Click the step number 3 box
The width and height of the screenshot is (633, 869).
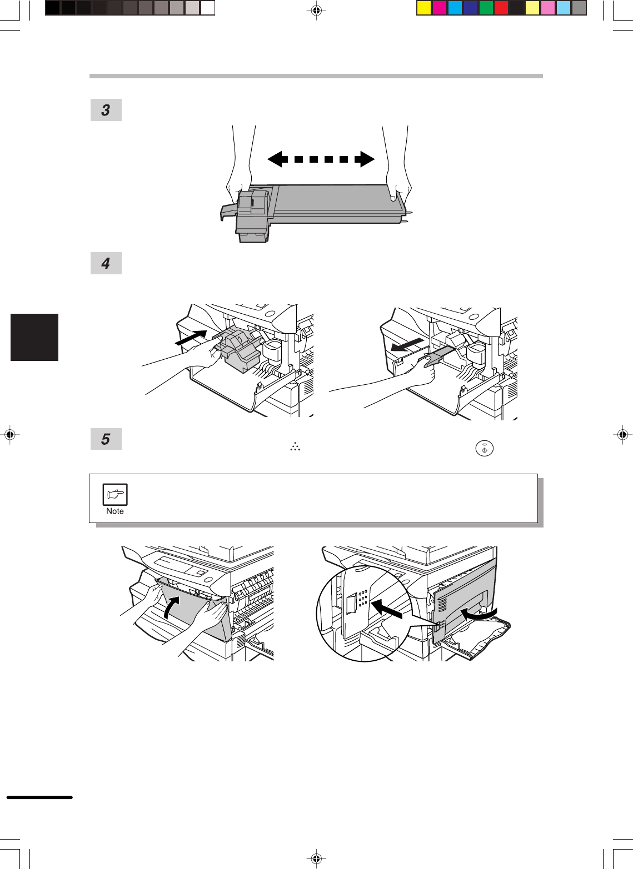(x=106, y=110)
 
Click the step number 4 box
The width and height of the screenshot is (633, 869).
(x=106, y=263)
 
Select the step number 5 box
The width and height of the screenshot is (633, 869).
(x=106, y=439)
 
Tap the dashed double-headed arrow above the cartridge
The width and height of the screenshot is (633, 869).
(x=321, y=159)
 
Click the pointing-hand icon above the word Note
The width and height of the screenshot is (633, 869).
(x=115, y=494)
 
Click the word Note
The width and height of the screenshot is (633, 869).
(x=115, y=511)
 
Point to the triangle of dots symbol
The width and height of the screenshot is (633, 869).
(x=295, y=446)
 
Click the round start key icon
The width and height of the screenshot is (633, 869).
(x=484, y=449)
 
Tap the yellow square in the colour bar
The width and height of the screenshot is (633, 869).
(x=424, y=8)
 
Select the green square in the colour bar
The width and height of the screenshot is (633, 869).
(x=486, y=8)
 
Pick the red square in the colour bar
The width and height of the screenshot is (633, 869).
(x=501, y=8)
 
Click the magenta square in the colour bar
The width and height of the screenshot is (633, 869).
(x=440, y=8)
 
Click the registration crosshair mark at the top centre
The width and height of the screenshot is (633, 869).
(x=317, y=11)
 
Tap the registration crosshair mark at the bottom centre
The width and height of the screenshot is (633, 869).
(x=317, y=858)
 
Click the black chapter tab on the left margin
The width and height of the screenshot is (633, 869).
(x=34, y=337)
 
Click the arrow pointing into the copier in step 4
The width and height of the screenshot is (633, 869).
(x=191, y=337)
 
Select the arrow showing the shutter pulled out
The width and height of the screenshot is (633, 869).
(x=407, y=344)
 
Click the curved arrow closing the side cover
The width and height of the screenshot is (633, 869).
(x=478, y=614)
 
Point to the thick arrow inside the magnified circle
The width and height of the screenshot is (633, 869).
(x=387, y=609)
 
